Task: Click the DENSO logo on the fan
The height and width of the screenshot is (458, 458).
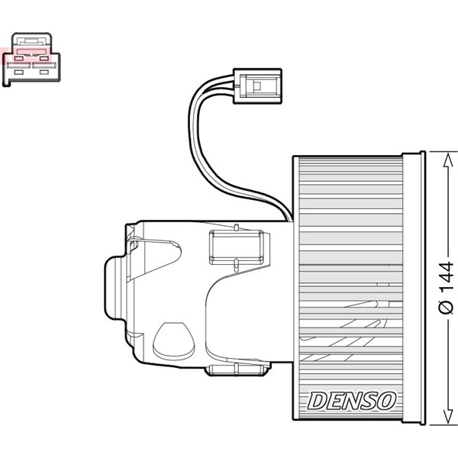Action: point(352,399)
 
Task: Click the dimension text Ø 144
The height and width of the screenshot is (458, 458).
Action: point(446,286)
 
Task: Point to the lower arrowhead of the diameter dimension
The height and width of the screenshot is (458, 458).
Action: point(446,419)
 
